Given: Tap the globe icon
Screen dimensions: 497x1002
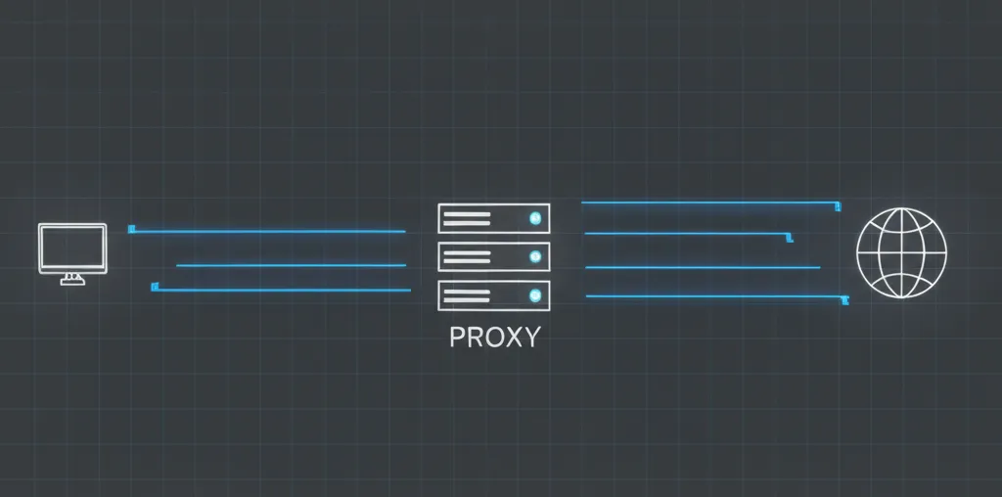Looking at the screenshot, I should point(901,252).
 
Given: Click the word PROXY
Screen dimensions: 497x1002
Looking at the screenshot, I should point(494,338).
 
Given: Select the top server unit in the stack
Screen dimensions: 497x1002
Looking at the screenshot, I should point(493,218).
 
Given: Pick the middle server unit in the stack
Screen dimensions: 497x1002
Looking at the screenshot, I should point(493,256).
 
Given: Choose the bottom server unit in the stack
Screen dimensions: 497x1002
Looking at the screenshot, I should point(493,294).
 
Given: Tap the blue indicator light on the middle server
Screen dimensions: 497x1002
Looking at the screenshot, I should point(533,256).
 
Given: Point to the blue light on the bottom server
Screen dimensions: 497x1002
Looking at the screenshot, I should point(533,294).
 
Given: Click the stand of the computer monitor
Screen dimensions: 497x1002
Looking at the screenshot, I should point(72,280).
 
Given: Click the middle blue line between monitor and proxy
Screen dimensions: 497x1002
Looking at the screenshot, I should point(291,265).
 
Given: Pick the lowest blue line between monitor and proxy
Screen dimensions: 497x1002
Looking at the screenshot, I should point(281,290).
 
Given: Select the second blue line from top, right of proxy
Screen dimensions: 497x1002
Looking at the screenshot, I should point(685,234).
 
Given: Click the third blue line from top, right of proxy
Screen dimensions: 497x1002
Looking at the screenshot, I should point(702,267).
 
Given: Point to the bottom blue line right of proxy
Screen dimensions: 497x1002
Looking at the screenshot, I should point(714,296).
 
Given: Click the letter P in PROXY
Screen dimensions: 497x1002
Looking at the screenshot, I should point(457,338).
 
